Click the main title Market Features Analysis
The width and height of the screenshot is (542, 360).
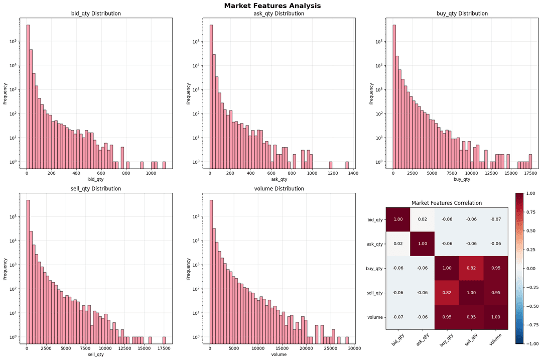272,6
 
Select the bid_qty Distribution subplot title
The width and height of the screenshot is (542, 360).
95,14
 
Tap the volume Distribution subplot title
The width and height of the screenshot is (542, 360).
279,189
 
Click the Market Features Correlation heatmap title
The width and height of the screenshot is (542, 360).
447,203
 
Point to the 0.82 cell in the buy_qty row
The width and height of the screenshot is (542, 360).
471,269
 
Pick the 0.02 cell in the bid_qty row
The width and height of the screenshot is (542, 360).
423,219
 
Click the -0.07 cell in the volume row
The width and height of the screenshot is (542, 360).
398,317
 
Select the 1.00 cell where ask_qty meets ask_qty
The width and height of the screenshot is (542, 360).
423,244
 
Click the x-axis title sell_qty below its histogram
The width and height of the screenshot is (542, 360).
95,354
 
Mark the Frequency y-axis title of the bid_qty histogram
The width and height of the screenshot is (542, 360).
6,93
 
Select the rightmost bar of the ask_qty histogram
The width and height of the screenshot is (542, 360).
347,165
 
